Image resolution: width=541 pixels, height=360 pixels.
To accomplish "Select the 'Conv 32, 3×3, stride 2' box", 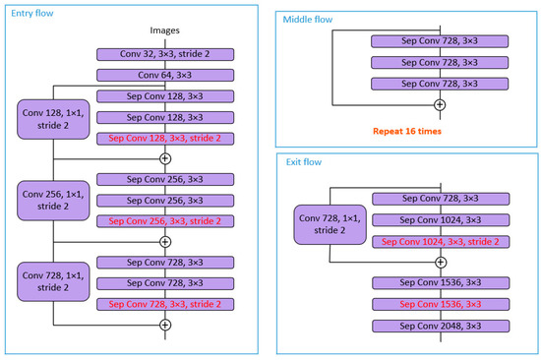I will point(165,54).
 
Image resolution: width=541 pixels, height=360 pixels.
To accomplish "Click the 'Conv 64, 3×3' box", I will point(165,75).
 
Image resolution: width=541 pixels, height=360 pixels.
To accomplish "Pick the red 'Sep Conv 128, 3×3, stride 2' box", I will point(165,139).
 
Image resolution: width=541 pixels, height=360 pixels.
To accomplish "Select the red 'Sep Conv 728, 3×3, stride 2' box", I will point(165,305).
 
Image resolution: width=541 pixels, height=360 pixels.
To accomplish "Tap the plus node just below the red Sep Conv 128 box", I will point(165,158).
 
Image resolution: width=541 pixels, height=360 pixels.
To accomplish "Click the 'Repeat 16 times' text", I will point(405,129).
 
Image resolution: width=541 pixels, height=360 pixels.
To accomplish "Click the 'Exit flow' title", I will point(304,162).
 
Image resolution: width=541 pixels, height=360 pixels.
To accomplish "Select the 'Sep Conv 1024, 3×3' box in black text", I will point(440,220).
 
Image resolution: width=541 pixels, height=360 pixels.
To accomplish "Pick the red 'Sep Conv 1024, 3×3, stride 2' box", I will point(440,241).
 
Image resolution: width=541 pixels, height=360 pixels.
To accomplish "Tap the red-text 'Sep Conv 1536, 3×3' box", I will point(440,304).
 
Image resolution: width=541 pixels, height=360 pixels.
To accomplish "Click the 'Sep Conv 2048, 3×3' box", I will point(440,326).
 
